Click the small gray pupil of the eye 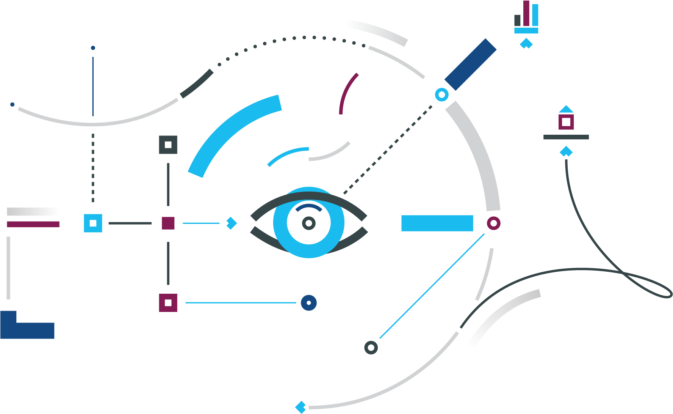(x=309, y=223)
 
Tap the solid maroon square (x=168, y=223)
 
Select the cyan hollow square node (x=93, y=223)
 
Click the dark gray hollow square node (x=168, y=145)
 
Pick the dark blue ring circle (x=309, y=303)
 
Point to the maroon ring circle (x=493, y=223)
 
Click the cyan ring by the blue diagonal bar (x=441, y=94)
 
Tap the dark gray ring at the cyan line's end (x=371, y=347)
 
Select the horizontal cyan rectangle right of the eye (x=437, y=223)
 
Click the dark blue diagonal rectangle (x=470, y=65)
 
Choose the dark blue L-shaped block (x=23, y=329)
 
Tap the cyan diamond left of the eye (x=231, y=223)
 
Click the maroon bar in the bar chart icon (x=526, y=13)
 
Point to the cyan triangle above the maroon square (x=566, y=110)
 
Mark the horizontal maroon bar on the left (x=33, y=224)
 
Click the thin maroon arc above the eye (x=347, y=93)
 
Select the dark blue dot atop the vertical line (x=93, y=48)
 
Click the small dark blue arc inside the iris (x=309, y=207)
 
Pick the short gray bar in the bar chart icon (x=518, y=20)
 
